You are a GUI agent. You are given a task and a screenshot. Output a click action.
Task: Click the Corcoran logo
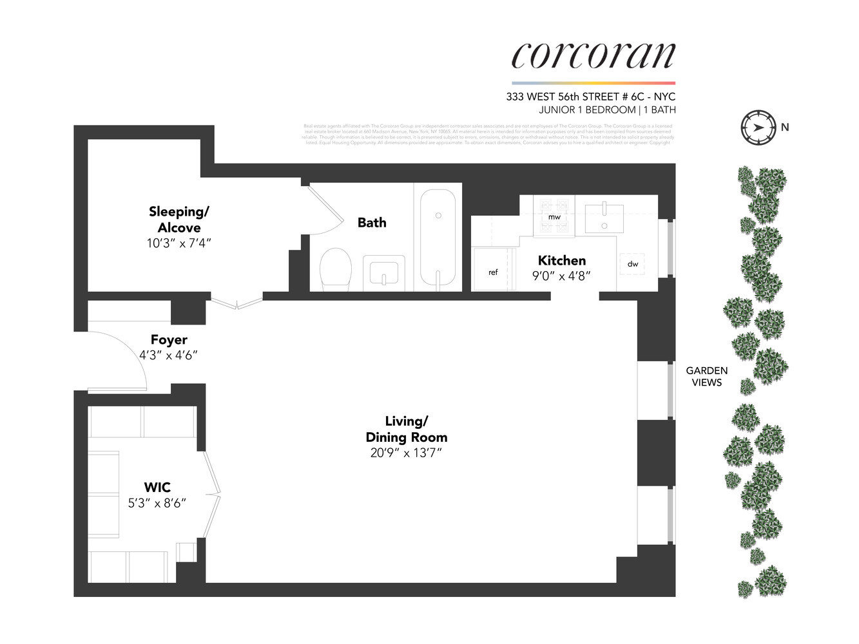[593, 55]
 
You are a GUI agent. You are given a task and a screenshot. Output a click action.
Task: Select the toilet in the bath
[335, 269]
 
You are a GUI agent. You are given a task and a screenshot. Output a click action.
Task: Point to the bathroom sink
[383, 273]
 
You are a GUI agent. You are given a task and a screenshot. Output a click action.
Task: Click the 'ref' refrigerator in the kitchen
[493, 271]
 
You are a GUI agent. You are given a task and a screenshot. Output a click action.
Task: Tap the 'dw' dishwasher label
[633, 263]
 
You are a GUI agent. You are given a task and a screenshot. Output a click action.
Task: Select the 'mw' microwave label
[554, 217]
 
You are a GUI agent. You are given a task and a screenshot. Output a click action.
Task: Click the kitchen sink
[604, 218]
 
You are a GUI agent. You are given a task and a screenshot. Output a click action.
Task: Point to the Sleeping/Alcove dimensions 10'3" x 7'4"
[179, 243]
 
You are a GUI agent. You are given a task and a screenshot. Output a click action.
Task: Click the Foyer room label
[169, 339]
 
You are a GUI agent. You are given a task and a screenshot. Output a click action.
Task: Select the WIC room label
[157, 488]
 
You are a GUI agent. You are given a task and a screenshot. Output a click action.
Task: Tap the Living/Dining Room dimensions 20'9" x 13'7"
[406, 453]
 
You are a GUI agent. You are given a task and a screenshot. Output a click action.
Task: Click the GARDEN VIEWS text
[706, 376]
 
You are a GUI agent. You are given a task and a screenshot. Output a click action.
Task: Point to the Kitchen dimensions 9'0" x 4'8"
[561, 276]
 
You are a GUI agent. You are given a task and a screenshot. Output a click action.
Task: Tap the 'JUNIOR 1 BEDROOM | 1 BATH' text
[607, 110]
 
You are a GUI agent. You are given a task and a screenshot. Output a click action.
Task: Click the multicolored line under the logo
[593, 83]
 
